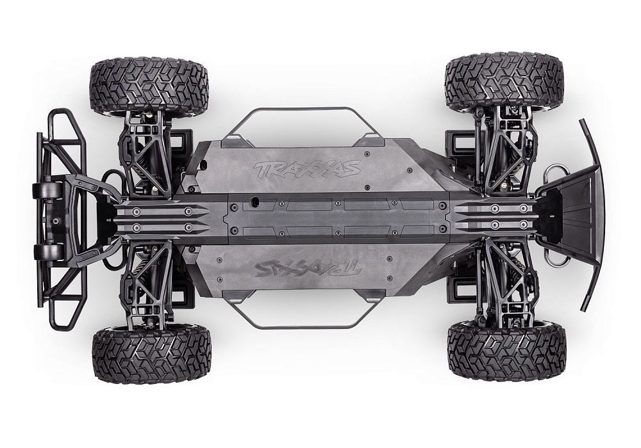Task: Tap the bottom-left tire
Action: (151, 353)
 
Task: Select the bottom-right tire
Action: (506, 351)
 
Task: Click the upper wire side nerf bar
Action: (302, 110)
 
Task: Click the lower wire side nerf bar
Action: (302, 326)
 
